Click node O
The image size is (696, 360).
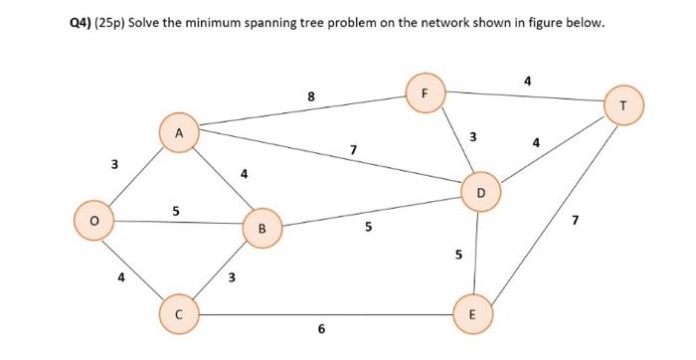click(x=94, y=220)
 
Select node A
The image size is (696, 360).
click(x=179, y=133)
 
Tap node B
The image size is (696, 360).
click(x=261, y=228)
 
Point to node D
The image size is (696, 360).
click(x=480, y=190)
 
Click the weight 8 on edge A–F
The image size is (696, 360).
click(x=311, y=96)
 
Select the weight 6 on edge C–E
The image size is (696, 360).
click(x=320, y=329)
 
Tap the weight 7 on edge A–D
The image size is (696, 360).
click(x=353, y=150)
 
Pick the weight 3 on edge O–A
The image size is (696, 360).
click(x=113, y=162)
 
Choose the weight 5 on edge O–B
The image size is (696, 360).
click(x=176, y=211)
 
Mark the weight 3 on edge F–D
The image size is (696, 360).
click(x=473, y=136)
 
